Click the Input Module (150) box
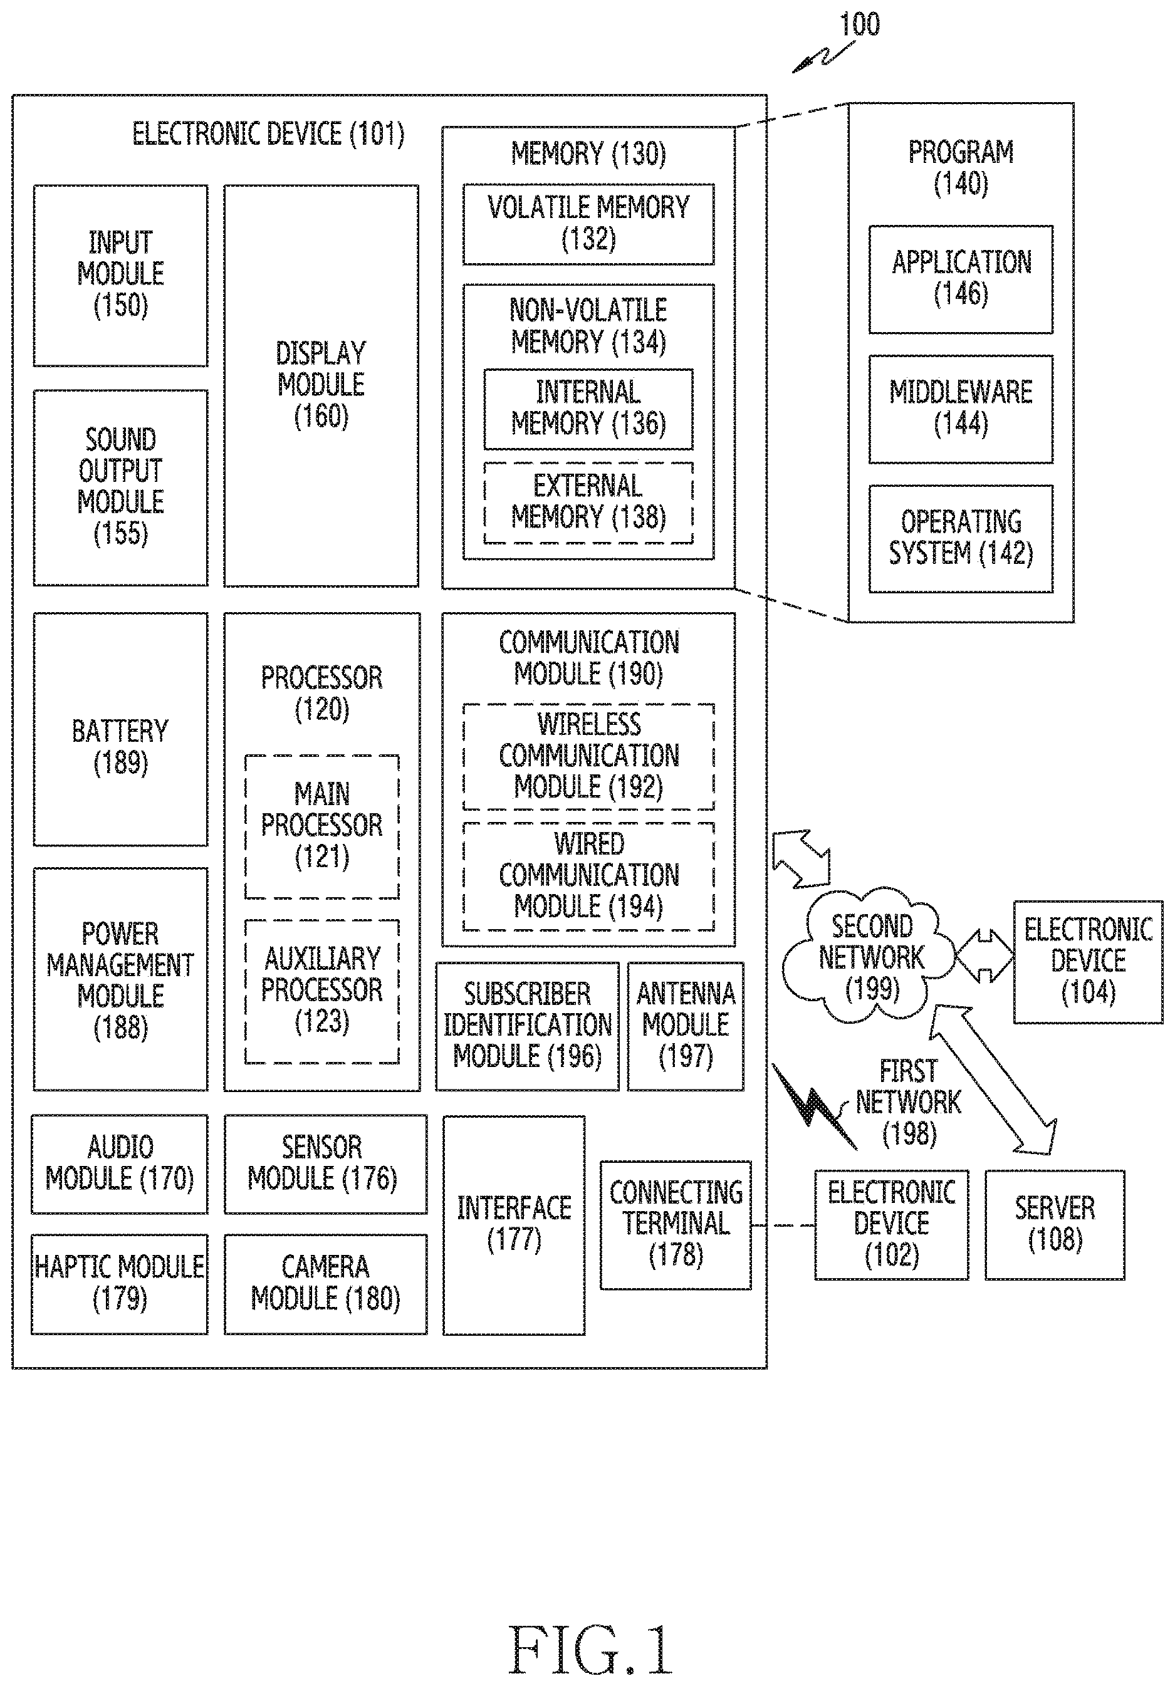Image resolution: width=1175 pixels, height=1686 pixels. (x=120, y=276)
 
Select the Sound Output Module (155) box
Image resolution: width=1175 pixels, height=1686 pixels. (x=120, y=487)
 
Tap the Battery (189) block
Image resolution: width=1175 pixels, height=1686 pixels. (x=120, y=729)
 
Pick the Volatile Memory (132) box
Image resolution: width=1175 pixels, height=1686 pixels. (x=588, y=224)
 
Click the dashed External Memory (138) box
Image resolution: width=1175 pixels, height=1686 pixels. (x=588, y=503)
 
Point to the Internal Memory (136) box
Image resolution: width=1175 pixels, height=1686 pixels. (x=588, y=409)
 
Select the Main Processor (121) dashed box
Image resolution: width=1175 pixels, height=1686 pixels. (x=321, y=826)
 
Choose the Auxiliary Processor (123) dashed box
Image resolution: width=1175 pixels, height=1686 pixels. (x=321, y=991)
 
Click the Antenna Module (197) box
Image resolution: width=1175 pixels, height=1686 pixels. (x=685, y=1026)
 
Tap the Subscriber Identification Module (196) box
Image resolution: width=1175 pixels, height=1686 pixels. (x=527, y=1026)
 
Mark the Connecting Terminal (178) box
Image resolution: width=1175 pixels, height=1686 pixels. (x=676, y=1225)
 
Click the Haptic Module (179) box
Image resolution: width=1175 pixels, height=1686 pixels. (x=120, y=1284)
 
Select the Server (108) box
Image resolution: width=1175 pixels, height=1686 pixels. (x=1055, y=1225)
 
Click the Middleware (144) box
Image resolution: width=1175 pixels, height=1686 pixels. (x=961, y=409)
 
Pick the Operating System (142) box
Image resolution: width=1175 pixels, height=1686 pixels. (x=961, y=538)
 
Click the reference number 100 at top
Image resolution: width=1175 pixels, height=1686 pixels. (x=859, y=24)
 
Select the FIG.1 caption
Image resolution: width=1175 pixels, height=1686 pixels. (x=590, y=1649)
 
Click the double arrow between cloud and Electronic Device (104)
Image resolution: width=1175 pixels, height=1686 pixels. (x=984, y=955)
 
